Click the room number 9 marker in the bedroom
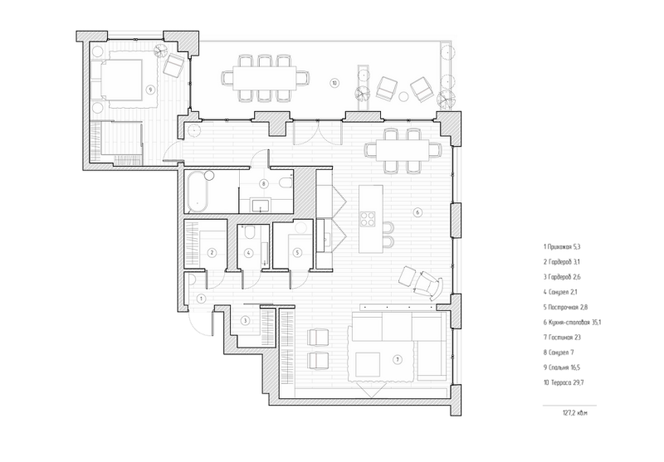pos(149,90)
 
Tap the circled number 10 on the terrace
pos(334,83)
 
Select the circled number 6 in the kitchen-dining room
pos(417,212)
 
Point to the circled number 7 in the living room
pos(398,360)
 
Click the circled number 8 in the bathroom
pos(264,183)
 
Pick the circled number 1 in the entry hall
pos(202,299)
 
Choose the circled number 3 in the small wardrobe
pos(245,321)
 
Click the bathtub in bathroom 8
pos(198,192)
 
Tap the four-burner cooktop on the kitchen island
pos(367,219)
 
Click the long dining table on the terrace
pos(265,78)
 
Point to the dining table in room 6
pos(403,151)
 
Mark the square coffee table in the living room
pos(368,364)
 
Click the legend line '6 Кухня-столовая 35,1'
pos(572,323)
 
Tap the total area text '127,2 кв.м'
pos(575,413)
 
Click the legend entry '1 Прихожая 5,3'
pos(562,246)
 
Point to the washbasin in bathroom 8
pos(261,205)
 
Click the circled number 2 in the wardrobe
pos(212,253)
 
